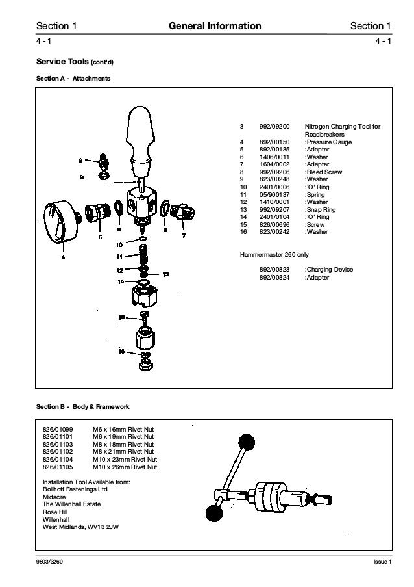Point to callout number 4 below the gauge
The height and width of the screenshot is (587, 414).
pyautogui.click(x=63, y=257)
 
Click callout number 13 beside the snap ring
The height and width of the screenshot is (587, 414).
pyautogui.click(x=165, y=274)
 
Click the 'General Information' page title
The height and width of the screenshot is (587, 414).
pyautogui.click(x=214, y=26)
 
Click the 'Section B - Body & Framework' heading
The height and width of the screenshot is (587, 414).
pyautogui.click(x=82, y=407)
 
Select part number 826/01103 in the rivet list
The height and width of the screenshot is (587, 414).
pyautogui.click(x=58, y=444)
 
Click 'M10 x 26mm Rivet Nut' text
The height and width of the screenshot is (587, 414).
pyautogui.click(x=125, y=467)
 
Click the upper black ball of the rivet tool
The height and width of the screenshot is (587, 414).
pyautogui.click(x=246, y=443)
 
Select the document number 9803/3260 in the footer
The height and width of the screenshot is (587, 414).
pyautogui.click(x=49, y=562)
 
